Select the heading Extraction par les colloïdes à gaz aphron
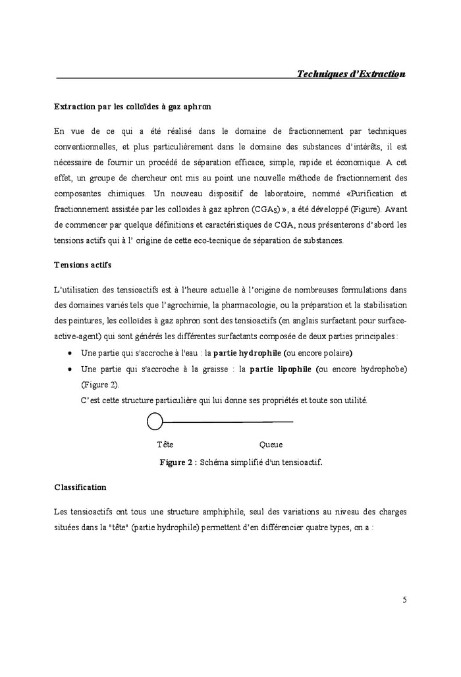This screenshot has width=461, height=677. tap(132, 106)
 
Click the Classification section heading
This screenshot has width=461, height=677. tap(80, 487)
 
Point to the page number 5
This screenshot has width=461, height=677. tap(404, 599)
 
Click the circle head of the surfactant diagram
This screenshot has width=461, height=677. tap(155, 421)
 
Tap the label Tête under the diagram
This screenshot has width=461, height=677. tap(165, 445)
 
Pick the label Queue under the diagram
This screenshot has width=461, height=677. tap(271, 445)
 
